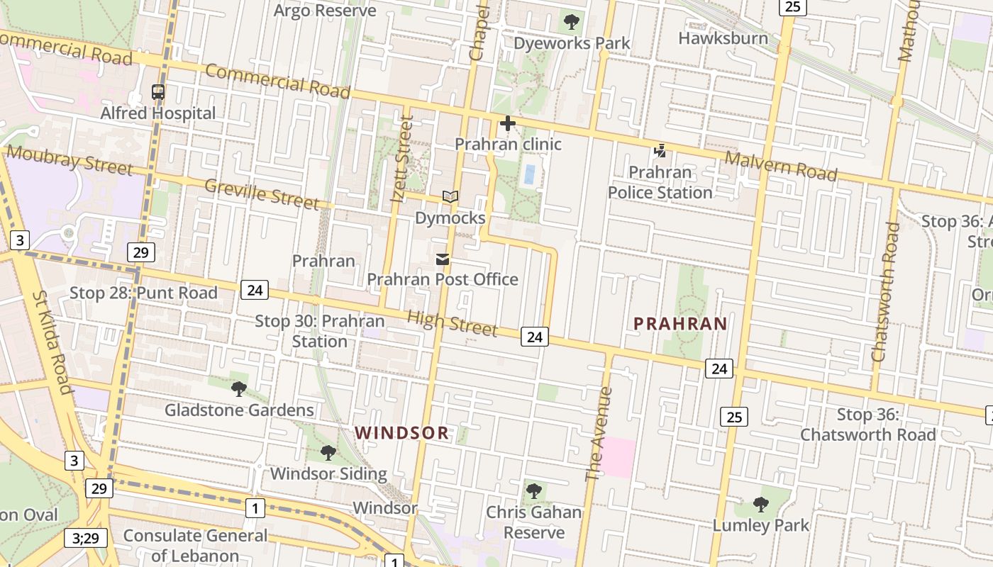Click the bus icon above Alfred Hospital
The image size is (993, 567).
coord(158,92)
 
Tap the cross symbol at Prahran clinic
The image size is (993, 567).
coord(508,124)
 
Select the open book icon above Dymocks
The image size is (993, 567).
coord(450,196)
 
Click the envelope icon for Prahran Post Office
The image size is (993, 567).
coord(443,259)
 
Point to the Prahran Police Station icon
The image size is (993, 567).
coord(660,150)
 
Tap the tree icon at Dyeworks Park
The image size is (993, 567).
coord(572,22)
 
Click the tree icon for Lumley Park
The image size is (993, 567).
coord(761,505)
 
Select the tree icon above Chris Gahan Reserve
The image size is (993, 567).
coord(534,490)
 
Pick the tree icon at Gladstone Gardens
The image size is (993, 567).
coord(239,388)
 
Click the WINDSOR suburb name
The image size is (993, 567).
coord(402,433)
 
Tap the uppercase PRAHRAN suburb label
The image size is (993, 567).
coord(680,324)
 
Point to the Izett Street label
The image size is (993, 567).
coord(402,160)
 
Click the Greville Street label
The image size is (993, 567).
coord(262,194)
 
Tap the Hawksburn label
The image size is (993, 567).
coord(723,38)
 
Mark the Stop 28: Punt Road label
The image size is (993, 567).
coord(143,293)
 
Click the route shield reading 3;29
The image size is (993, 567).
coord(86,538)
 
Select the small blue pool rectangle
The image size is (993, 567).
coord(528,174)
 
